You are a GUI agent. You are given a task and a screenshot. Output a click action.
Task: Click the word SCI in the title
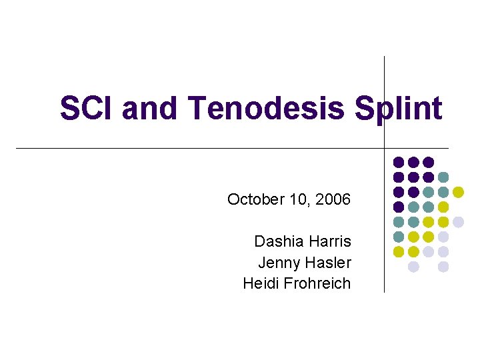click(87, 108)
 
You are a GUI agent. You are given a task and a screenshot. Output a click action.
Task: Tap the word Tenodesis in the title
click(267, 108)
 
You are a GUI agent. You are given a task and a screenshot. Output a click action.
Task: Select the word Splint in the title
click(399, 108)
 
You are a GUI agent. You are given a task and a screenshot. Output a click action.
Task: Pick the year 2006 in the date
click(333, 199)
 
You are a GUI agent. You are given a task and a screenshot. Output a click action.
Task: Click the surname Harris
click(330, 241)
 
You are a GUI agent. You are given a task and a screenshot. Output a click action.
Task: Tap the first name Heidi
click(262, 283)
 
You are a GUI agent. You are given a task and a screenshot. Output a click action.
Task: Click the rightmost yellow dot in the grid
click(458, 192)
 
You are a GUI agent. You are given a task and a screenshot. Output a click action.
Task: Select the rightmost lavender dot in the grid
click(458, 222)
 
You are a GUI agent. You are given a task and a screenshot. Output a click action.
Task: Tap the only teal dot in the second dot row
click(443, 177)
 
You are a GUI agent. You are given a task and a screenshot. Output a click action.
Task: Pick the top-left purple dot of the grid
click(399, 162)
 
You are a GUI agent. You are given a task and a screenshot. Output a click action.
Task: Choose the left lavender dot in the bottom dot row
click(413, 267)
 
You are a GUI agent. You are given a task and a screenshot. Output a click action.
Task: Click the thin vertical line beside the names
click(385, 220)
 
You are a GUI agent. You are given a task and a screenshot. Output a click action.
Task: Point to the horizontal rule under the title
click(200, 147)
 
